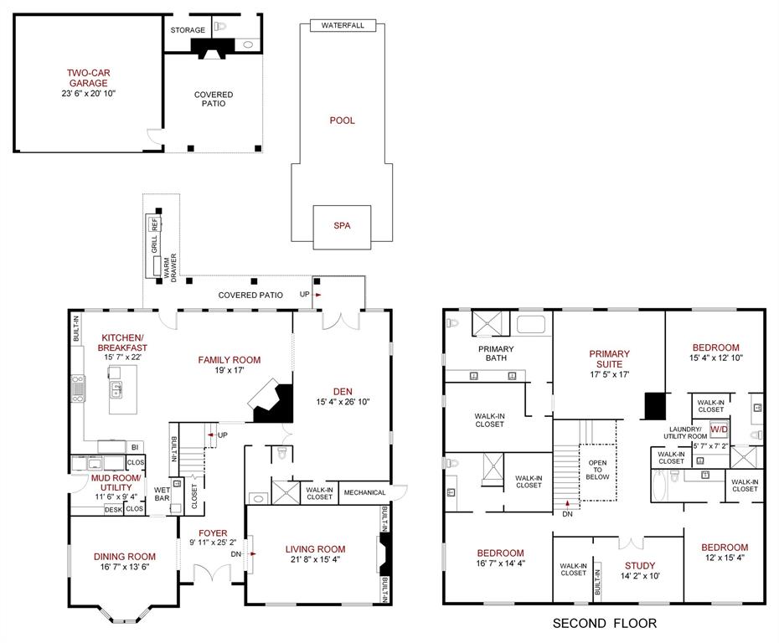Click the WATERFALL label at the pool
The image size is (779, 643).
tap(343, 26)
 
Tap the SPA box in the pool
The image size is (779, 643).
tap(341, 226)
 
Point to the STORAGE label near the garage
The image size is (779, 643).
tap(188, 30)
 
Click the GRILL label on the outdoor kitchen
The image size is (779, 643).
tap(154, 244)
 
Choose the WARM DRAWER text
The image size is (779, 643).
tap(170, 267)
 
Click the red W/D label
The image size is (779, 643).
tap(720, 430)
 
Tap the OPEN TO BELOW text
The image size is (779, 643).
tap(597, 469)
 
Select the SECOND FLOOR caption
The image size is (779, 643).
tap(604, 623)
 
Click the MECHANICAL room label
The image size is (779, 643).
tap(364, 493)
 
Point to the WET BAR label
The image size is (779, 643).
tap(162, 495)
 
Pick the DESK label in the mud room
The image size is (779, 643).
tap(113, 509)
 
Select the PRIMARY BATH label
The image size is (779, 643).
tap(496, 354)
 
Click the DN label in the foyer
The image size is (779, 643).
tap(236, 553)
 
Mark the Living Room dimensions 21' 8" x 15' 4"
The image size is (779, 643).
tap(315, 560)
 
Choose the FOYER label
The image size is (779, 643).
tap(213, 532)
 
